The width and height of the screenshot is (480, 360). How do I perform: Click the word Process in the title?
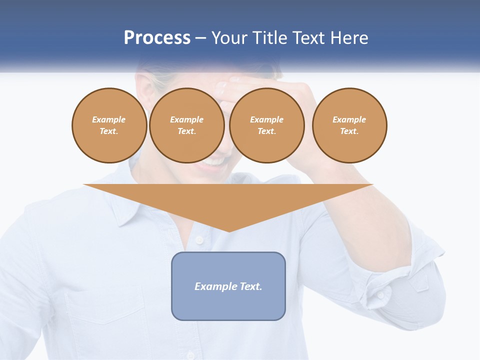pyautogui.click(x=157, y=38)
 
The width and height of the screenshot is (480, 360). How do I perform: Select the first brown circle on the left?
pyautogui.click(x=109, y=125)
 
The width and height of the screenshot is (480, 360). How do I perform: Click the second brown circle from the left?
pyautogui.click(x=186, y=125)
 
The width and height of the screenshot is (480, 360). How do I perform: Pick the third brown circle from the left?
pyautogui.click(x=266, y=125)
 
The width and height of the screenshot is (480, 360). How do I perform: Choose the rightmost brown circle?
pyautogui.click(x=349, y=125)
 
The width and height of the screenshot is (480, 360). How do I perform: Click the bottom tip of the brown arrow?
pyautogui.click(x=228, y=231)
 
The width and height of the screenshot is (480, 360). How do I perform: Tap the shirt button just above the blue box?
pyautogui.click(x=199, y=240)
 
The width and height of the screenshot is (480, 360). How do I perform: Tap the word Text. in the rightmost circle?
pyautogui.click(x=349, y=131)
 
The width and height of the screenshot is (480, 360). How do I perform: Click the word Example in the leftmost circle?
pyautogui.click(x=109, y=119)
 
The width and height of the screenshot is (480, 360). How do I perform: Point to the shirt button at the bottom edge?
pyautogui.click(x=190, y=354)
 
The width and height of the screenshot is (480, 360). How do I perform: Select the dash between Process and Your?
pyautogui.click(x=201, y=38)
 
